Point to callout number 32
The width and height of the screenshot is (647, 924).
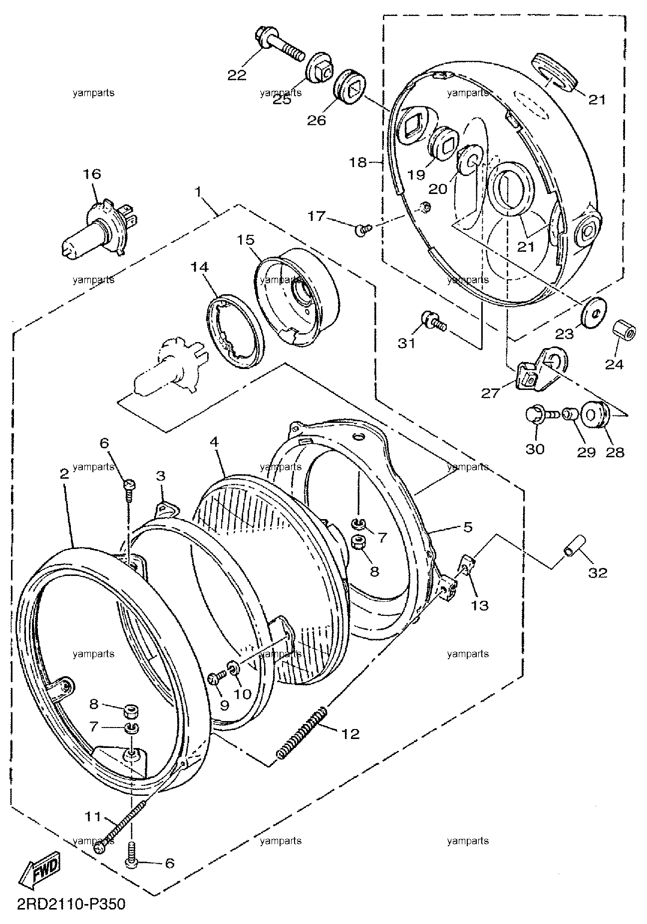tap(598, 573)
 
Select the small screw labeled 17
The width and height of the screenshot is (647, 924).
tap(363, 229)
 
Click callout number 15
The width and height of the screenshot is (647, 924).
tap(245, 240)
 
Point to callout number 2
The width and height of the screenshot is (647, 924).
tap(63, 474)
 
